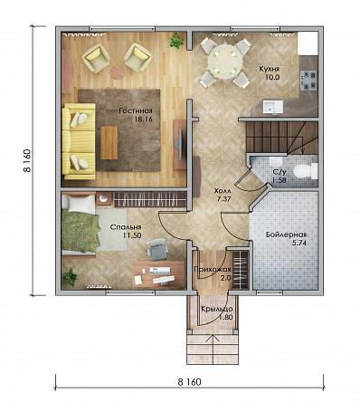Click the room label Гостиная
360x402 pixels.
pos(135,110)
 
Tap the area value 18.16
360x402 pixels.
pos(143,120)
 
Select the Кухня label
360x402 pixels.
pos(270,69)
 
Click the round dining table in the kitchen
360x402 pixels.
pos(224,59)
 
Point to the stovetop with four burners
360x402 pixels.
pos(308,81)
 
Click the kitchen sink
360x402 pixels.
pos(272,107)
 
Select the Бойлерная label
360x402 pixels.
pos(287,234)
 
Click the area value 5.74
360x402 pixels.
pos(299,243)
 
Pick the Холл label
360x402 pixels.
pos(223,191)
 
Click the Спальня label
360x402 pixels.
pos(126,227)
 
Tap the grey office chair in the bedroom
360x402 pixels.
pos(156,248)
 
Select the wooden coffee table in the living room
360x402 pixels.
pos(109,143)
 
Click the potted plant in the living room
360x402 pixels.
pos(175,41)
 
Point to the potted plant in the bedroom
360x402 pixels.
pos(71,276)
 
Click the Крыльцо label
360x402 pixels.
pos(217,310)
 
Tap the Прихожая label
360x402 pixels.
pos(213,270)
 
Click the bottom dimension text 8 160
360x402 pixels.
pos(189,382)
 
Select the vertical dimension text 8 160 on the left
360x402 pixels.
pos(28,160)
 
